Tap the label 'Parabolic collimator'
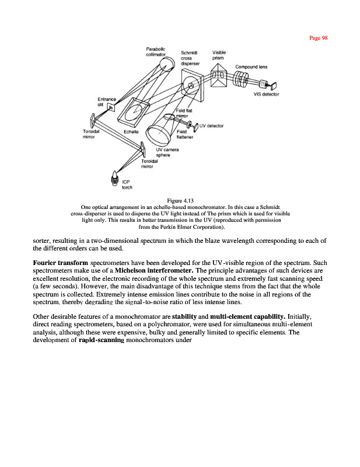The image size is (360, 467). click(x=156, y=51)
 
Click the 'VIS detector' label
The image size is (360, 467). click(x=267, y=94)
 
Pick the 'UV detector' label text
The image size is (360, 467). click(x=212, y=126)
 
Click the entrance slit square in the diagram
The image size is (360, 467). click(x=111, y=106)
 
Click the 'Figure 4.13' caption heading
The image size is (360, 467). click(x=180, y=200)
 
